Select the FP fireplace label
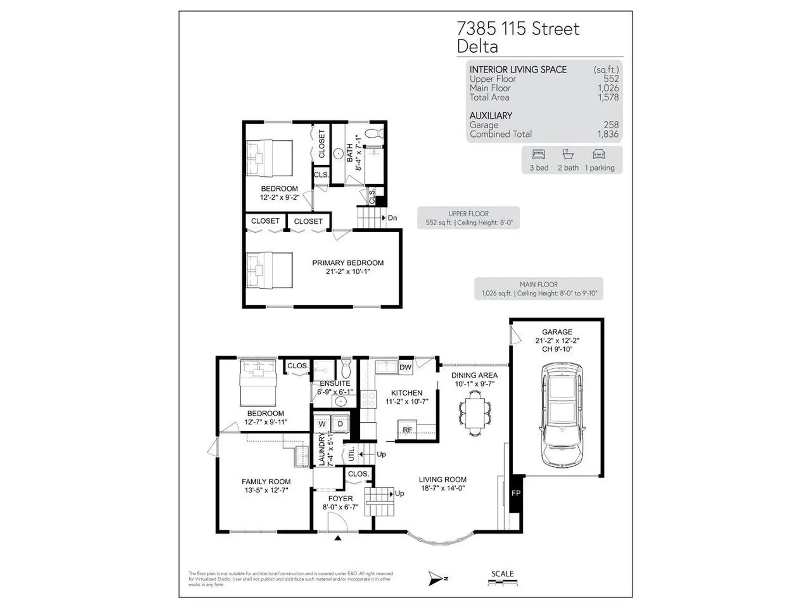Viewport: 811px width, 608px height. [x=516, y=493]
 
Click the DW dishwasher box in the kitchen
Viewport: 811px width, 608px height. [x=405, y=367]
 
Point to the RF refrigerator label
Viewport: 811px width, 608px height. [x=407, y=430]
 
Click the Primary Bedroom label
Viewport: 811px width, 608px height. [x=348, y=263]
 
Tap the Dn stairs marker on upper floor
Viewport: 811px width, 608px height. [x=392, y=218]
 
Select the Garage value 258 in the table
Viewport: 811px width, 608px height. [x=611, y=125]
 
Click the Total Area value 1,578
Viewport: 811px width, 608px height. [x=608, y=97]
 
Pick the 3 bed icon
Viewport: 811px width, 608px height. [x=539, y=155]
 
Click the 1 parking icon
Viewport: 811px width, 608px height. [x=599, y=155]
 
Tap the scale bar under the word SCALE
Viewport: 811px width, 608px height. [x=502, y=583]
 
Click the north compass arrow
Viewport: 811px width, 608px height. [x=435, y=578]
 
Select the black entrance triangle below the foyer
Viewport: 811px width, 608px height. [x=338, y=538]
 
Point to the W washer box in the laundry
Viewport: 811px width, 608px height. [x=322, y=424]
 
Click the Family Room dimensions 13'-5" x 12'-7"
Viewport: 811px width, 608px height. [x=266, y=490]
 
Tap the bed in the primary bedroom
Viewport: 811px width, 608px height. [x=269, y=271]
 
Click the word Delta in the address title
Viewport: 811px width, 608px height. [x=477, y=46]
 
